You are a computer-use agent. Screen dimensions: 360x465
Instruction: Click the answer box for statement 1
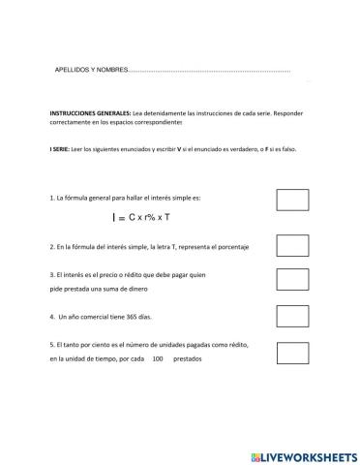tap(292, 201)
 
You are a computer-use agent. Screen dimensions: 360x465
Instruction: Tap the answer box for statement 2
tap(292, 245)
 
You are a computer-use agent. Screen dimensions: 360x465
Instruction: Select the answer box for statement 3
tap(292, 280)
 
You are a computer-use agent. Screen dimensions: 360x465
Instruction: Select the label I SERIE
tap(59, 149)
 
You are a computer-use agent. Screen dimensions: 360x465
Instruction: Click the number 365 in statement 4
tap(134, 317)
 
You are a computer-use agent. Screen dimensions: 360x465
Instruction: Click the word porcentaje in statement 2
tap(229, 248)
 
